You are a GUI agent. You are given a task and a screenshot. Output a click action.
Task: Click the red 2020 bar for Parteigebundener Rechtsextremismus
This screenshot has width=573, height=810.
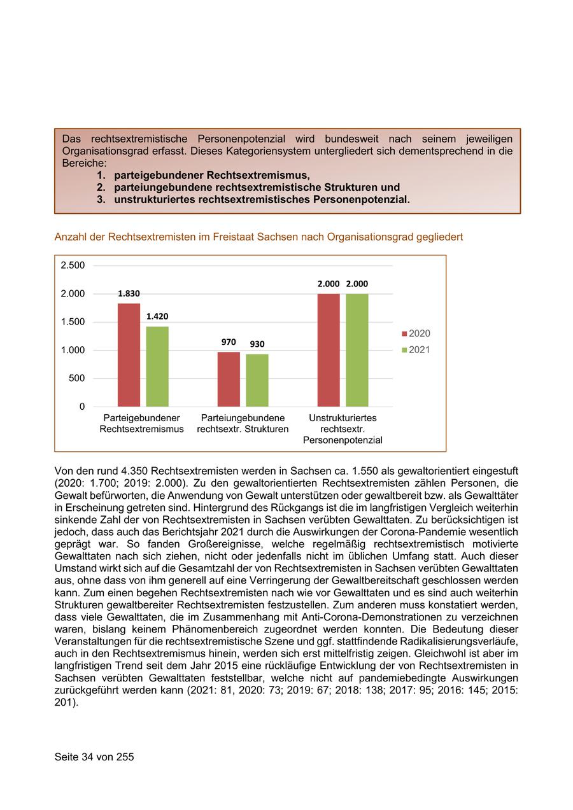pos(129,355)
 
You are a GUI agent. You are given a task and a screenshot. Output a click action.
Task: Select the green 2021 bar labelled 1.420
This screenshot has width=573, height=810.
pos(157,367)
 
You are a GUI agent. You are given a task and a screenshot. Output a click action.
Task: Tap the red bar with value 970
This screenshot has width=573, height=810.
pos(229,379)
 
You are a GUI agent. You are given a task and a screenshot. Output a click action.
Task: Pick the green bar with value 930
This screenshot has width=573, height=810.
pos(257,381)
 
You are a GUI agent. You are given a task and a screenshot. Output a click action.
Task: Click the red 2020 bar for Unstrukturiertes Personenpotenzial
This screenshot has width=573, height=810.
pos(329,350)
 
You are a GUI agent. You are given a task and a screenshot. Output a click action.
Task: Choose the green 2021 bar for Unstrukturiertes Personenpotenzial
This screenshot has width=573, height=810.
pos(357,350)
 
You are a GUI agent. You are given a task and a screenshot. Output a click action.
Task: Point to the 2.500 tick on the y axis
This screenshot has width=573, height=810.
pos(73,265)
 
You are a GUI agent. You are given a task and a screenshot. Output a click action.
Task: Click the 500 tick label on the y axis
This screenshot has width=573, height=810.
pos(76,379)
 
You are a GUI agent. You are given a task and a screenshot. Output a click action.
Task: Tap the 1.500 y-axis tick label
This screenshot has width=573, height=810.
pos(73,322)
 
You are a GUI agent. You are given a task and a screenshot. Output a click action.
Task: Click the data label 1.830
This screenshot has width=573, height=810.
pos(129,293)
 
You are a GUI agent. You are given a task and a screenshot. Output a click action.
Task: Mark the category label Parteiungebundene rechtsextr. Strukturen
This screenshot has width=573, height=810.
pos(243,423)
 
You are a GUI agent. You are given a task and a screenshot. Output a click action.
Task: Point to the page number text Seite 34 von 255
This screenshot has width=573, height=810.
pos(94,757)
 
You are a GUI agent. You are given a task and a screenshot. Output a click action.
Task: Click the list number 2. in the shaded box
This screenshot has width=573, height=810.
pos(101,188)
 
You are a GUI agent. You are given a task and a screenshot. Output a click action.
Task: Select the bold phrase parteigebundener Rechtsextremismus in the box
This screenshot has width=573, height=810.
pos(212,175)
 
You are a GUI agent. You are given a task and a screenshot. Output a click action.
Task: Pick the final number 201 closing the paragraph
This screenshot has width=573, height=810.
pos(64,703)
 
